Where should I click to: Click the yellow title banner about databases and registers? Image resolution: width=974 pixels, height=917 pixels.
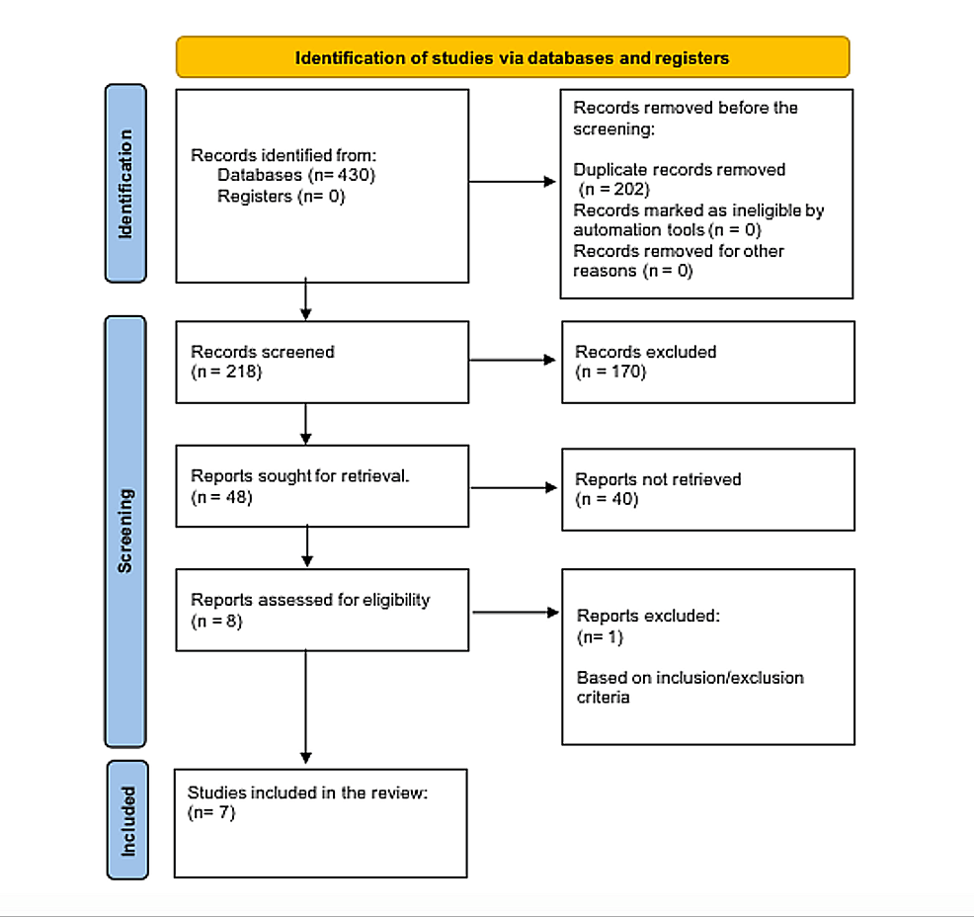pos(512,57)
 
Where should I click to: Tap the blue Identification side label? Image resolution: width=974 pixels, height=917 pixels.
pos(125,183)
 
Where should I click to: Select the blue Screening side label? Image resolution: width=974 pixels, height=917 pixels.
pos(125,532)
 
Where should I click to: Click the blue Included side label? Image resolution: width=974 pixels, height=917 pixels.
pos(126,819)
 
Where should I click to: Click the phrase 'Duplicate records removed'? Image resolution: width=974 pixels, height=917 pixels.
pos(680,169)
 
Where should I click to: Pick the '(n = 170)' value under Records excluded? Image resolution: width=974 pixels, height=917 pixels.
pos(609,372)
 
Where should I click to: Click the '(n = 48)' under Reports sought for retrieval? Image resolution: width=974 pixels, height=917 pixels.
pos(221,497)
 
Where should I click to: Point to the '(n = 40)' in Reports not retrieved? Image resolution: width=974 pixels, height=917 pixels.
pos(607,499)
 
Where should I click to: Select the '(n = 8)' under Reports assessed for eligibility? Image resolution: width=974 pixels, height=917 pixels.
pos(216,621)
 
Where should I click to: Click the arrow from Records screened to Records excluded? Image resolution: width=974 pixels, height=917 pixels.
pos(514,361)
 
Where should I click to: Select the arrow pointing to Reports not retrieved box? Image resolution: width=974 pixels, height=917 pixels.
pos(514,487)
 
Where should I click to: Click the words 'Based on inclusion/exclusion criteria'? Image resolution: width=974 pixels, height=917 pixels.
pos(690,687)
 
